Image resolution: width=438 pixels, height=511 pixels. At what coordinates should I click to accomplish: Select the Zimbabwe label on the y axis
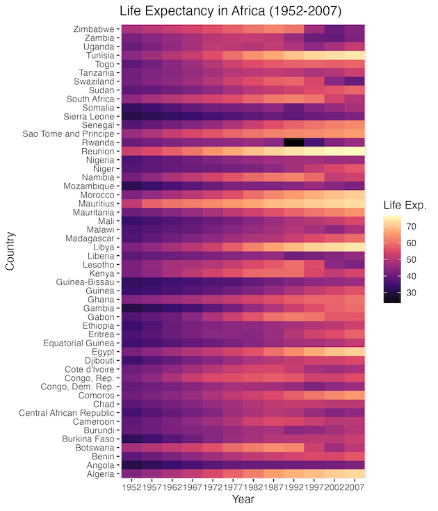[x=93, y=29]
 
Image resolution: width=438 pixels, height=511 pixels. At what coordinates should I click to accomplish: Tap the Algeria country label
[x=98, y=473]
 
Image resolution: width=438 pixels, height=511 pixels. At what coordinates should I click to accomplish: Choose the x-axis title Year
[x=243, y=498]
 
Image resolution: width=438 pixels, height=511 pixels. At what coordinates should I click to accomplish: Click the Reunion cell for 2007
[x=354, y=151]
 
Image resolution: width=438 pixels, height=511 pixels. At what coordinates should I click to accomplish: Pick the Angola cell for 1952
[x=132, y=465]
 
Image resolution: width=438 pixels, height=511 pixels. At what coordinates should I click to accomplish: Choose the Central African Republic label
[x=67, y=413]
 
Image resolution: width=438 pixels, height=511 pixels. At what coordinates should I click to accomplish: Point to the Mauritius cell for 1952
[x=132, y=203]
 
